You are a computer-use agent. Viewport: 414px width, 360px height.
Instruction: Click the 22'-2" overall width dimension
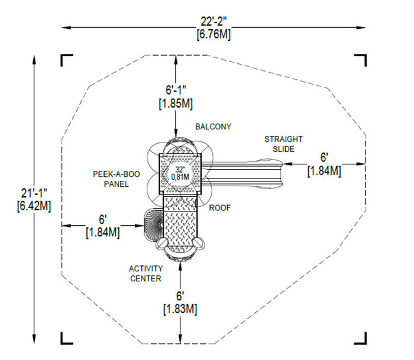click(214, 22)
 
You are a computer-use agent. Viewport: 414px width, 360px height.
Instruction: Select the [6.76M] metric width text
click(214, 34)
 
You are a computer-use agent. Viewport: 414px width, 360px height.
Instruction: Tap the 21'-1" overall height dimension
click(34, 193)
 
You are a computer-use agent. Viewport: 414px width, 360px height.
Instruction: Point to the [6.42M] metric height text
click(34, 206)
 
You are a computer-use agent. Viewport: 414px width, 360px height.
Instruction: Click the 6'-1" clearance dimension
click(176, 90)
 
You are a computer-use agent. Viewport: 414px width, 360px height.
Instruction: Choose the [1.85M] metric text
click(176, 103)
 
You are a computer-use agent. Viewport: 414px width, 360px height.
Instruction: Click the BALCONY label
click(213, 127)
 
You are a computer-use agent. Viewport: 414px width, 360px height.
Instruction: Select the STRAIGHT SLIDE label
click(283, 144)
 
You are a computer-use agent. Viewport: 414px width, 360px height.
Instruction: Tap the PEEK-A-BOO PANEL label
click(117, 179)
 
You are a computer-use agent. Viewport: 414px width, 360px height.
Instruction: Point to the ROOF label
click(220, 208)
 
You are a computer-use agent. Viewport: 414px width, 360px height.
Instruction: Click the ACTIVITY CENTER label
click(145, 274)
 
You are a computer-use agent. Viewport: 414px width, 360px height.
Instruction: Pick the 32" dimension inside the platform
click(180, 169)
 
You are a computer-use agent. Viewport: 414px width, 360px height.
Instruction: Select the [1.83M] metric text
click(180, 309)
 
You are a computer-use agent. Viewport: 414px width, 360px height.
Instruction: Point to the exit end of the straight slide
click(283, 174)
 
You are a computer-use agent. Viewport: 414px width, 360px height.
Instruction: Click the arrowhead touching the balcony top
click(176, 134)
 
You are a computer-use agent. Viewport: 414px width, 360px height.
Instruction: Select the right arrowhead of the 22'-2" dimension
click(361, 27)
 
